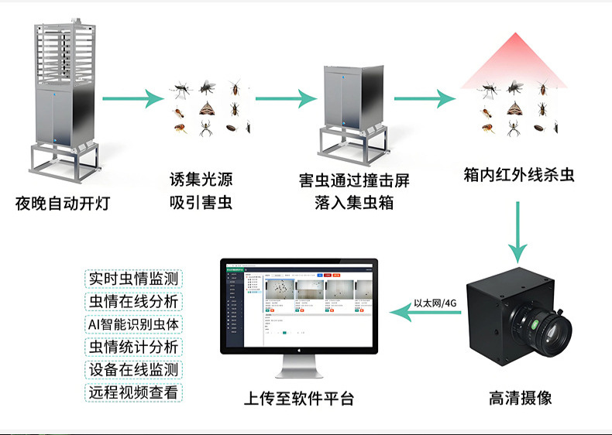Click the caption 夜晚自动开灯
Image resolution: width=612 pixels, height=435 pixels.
pos(63,204)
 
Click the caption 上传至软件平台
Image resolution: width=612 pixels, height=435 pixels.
pos(299,399)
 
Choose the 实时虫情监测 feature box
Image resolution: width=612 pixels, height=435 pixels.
pos(134,278)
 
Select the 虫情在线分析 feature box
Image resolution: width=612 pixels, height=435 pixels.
pos(134,301)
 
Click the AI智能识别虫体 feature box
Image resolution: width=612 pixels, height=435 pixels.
pos(134,324)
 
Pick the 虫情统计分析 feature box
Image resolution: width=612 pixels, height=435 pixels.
pos(134,346)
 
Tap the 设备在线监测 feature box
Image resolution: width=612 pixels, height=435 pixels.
pos(134,369)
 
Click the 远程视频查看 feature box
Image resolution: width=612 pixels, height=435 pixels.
pos(134,392)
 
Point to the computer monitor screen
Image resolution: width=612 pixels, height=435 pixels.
pos(299,304)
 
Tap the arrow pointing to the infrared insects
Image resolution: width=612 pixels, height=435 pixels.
pos(423,99)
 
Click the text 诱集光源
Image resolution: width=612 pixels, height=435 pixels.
pos(201,181)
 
